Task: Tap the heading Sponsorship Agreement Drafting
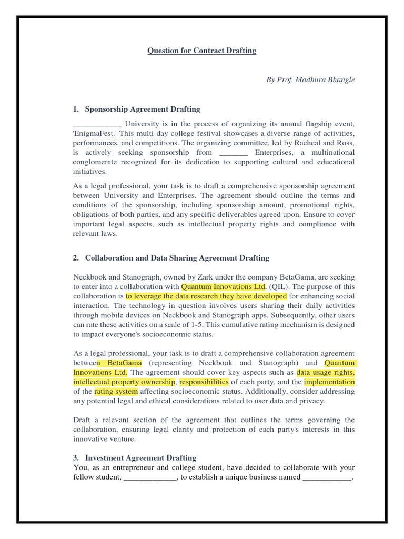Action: coord(142,109)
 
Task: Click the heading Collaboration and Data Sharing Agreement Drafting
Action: coord(177,258)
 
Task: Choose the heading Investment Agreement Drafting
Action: coord(140,458)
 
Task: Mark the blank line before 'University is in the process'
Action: coord(97,125)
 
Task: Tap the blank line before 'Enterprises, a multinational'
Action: coord(233,153)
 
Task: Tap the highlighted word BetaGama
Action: coord(120,363)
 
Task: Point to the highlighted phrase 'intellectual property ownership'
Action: coord(124,382)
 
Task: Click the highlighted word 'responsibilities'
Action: coord(205,382)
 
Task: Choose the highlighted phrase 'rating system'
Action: coord(116,392)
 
